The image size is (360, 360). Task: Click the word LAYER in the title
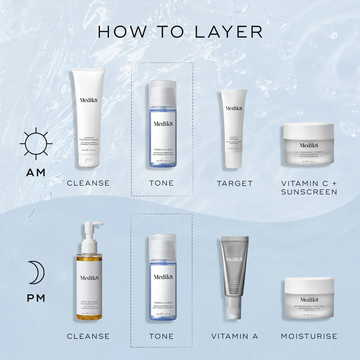tap(228, 32)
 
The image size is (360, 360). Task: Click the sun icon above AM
tap(36, 143)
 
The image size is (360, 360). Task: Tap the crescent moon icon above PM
tap(36, 272)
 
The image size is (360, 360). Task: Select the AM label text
tap(36, 172)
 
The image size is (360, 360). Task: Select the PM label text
tap(36, 298)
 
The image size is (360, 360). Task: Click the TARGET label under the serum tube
tap(234, 183)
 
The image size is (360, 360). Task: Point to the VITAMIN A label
tap(234, 336)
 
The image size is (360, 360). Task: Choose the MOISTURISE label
tap(309, 336)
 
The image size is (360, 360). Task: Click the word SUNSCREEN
tap(309, 192)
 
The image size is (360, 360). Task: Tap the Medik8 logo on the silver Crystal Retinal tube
tap(234, 259)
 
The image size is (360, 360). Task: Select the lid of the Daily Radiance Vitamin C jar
tap(309, 130)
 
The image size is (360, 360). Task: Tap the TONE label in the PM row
tap(161, 336)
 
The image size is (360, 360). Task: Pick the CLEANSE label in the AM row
tap(88, 183)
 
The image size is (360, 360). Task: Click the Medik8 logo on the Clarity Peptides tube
tap(234, 108)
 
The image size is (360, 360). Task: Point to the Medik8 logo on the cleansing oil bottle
tap(89, 278)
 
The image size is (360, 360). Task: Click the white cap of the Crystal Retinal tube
tap(233, 308)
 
